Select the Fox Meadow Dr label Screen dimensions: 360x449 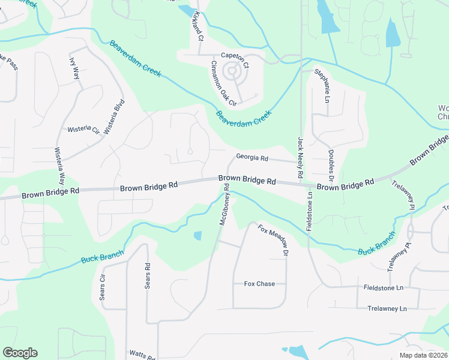(x=274, y=241)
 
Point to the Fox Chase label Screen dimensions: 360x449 (x=259, y=284)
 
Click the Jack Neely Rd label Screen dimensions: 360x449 (x=300, y=158)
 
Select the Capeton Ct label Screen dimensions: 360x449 (x=235, y=56)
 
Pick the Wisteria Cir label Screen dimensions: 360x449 (x=83, y=129)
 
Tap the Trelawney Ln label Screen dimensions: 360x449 (x=387, y=308)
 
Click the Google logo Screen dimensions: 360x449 (x=20, y=353)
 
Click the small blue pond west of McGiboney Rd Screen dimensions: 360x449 (x=197, y=236)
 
